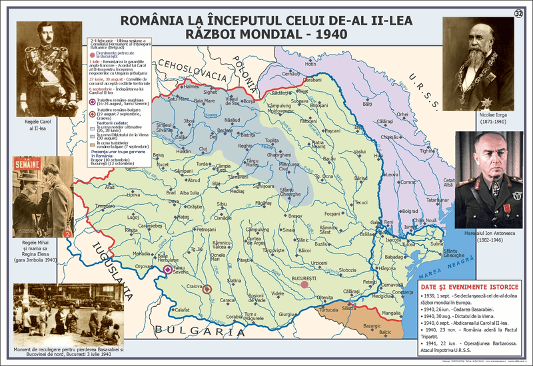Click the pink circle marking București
tap(304, 284)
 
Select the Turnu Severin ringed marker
tap(167, 269)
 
